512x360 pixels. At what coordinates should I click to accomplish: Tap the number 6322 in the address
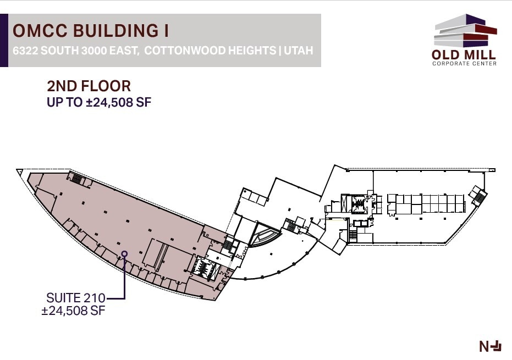[24, 51]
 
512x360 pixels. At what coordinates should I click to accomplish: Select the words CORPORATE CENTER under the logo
[464, 64]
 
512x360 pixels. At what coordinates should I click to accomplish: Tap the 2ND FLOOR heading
[89, 86]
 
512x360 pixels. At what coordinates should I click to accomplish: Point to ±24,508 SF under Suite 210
[73, 311]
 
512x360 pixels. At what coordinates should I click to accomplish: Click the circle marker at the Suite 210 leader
[124, 254]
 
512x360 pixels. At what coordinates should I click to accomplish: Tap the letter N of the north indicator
[484, 346]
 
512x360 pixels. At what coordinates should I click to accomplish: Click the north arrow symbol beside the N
[497, 346]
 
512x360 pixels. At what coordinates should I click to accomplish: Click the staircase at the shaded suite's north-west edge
[76, 179]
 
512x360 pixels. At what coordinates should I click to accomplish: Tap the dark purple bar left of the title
[4, 41]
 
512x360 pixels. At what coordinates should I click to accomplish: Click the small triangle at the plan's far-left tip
[21, 173]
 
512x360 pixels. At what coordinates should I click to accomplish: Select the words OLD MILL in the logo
[464, 55]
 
